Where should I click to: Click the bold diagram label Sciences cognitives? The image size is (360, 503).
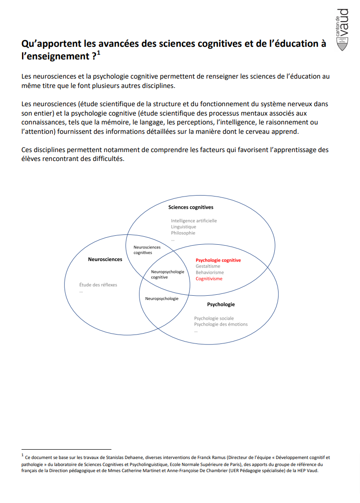(x=191, y=207)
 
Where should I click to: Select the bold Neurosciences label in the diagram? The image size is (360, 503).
(x=105, y=259)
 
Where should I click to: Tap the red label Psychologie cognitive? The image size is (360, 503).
(x=218, y=260)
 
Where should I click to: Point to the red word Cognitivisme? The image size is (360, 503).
(x=209, y=278)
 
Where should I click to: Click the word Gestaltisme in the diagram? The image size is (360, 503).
(x=208, y=266)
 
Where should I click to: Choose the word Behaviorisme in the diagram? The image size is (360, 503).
(x=210, y=272)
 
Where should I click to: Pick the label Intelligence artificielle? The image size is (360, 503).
(x=194, y=221)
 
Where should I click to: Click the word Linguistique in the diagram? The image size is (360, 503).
(x=184, y=227)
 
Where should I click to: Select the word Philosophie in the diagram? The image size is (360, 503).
(x=183, y=233)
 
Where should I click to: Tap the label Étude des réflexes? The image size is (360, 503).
(x=98, y=284)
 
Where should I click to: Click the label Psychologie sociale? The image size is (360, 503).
(x=214, y=318)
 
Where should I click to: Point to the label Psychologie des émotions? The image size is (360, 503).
(x=221, y=324)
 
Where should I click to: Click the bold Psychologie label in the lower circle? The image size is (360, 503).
(x=221, y=304)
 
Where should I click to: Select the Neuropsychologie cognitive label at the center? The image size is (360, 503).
(x=168, y=274)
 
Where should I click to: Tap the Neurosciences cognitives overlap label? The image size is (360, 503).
(x=147, y=250)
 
